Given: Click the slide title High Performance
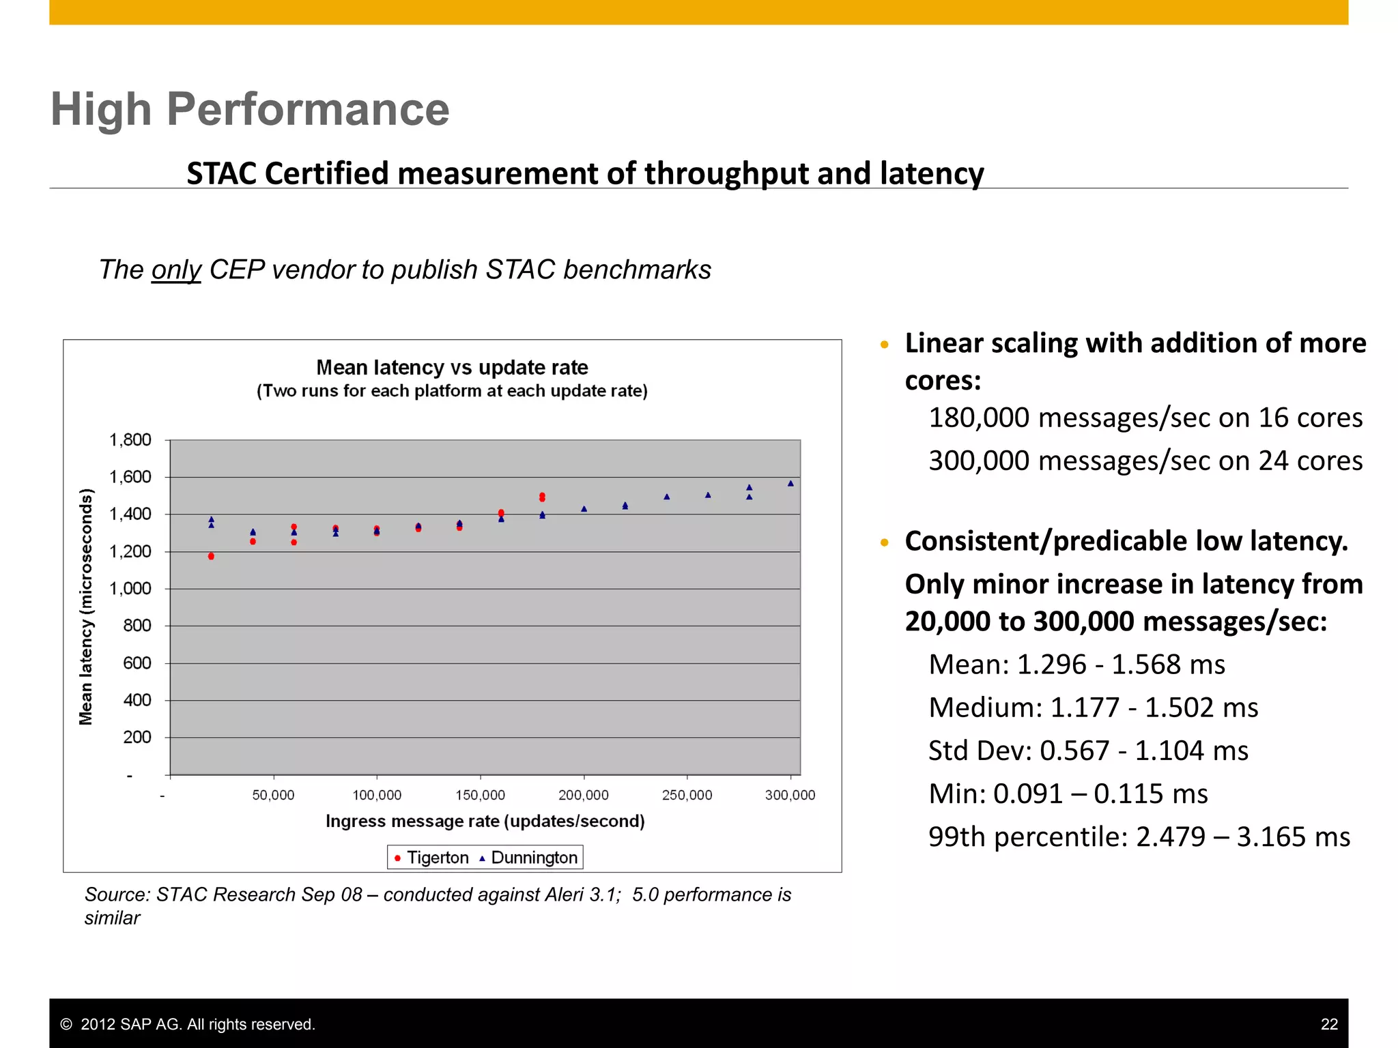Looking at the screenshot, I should [x=250, y=109].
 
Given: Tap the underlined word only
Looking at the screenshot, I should [x=176, y=270].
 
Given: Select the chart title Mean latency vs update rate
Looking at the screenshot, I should [x=452, y=368].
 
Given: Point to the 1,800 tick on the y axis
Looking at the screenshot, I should [x=130, y=440].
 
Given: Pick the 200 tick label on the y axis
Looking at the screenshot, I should [x=137, y=738].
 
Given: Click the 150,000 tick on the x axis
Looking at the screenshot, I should [x=481, y=796].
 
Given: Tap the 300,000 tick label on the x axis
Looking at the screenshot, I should [x=790, y=796].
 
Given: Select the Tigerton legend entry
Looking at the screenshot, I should [x=431, y=858].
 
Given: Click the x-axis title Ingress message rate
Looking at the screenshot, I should [x=485, y=821].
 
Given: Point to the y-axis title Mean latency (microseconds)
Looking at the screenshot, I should [x=86, y=607].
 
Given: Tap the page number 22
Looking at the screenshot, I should [x=1328, y=1024].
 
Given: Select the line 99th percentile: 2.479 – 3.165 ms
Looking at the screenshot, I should [x=1139, y=837].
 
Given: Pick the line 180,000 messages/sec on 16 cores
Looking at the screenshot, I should [x=1145, y=418].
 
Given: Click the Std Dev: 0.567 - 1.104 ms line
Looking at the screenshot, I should [x=1088, y=751].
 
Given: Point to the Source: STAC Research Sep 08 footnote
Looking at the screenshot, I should [x=437, y=895].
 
